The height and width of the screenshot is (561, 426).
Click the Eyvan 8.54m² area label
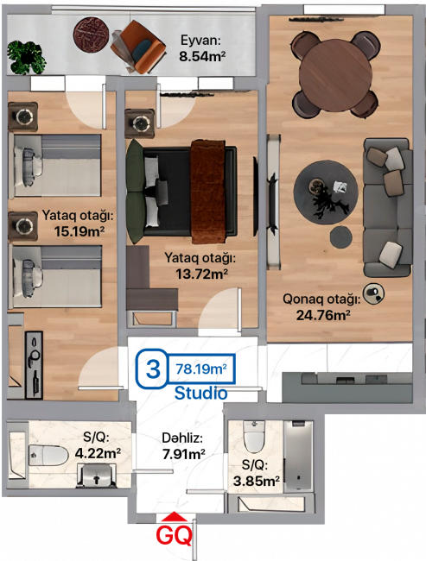[202, 48]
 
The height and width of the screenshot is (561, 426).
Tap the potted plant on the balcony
[26, 57]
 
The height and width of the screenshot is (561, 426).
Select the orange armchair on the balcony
[137, 47]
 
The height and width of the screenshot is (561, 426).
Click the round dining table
[335, 77]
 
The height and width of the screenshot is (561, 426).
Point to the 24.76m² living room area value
[323, 315]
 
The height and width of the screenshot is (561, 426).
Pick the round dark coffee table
[326, 192]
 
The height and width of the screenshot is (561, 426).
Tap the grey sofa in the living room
[388, 207]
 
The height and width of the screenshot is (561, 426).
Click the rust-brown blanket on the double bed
[207, 191]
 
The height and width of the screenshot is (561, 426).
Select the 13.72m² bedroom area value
[201, 274]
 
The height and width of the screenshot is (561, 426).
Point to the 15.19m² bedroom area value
[79, 231]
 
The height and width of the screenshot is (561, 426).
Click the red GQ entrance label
[175, 535]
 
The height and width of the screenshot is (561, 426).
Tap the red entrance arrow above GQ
[175, 516]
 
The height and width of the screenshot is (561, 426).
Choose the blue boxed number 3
[153, 369]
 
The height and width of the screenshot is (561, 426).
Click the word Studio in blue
[200, 394]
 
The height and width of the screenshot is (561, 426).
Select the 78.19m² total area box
[201, 369]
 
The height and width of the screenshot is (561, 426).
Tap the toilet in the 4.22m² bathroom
[48, 456]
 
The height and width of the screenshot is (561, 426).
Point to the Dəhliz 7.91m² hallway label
[183, 446]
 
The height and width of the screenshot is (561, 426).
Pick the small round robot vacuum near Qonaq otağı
[373, 293]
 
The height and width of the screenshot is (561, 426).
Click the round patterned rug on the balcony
[92, 35]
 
